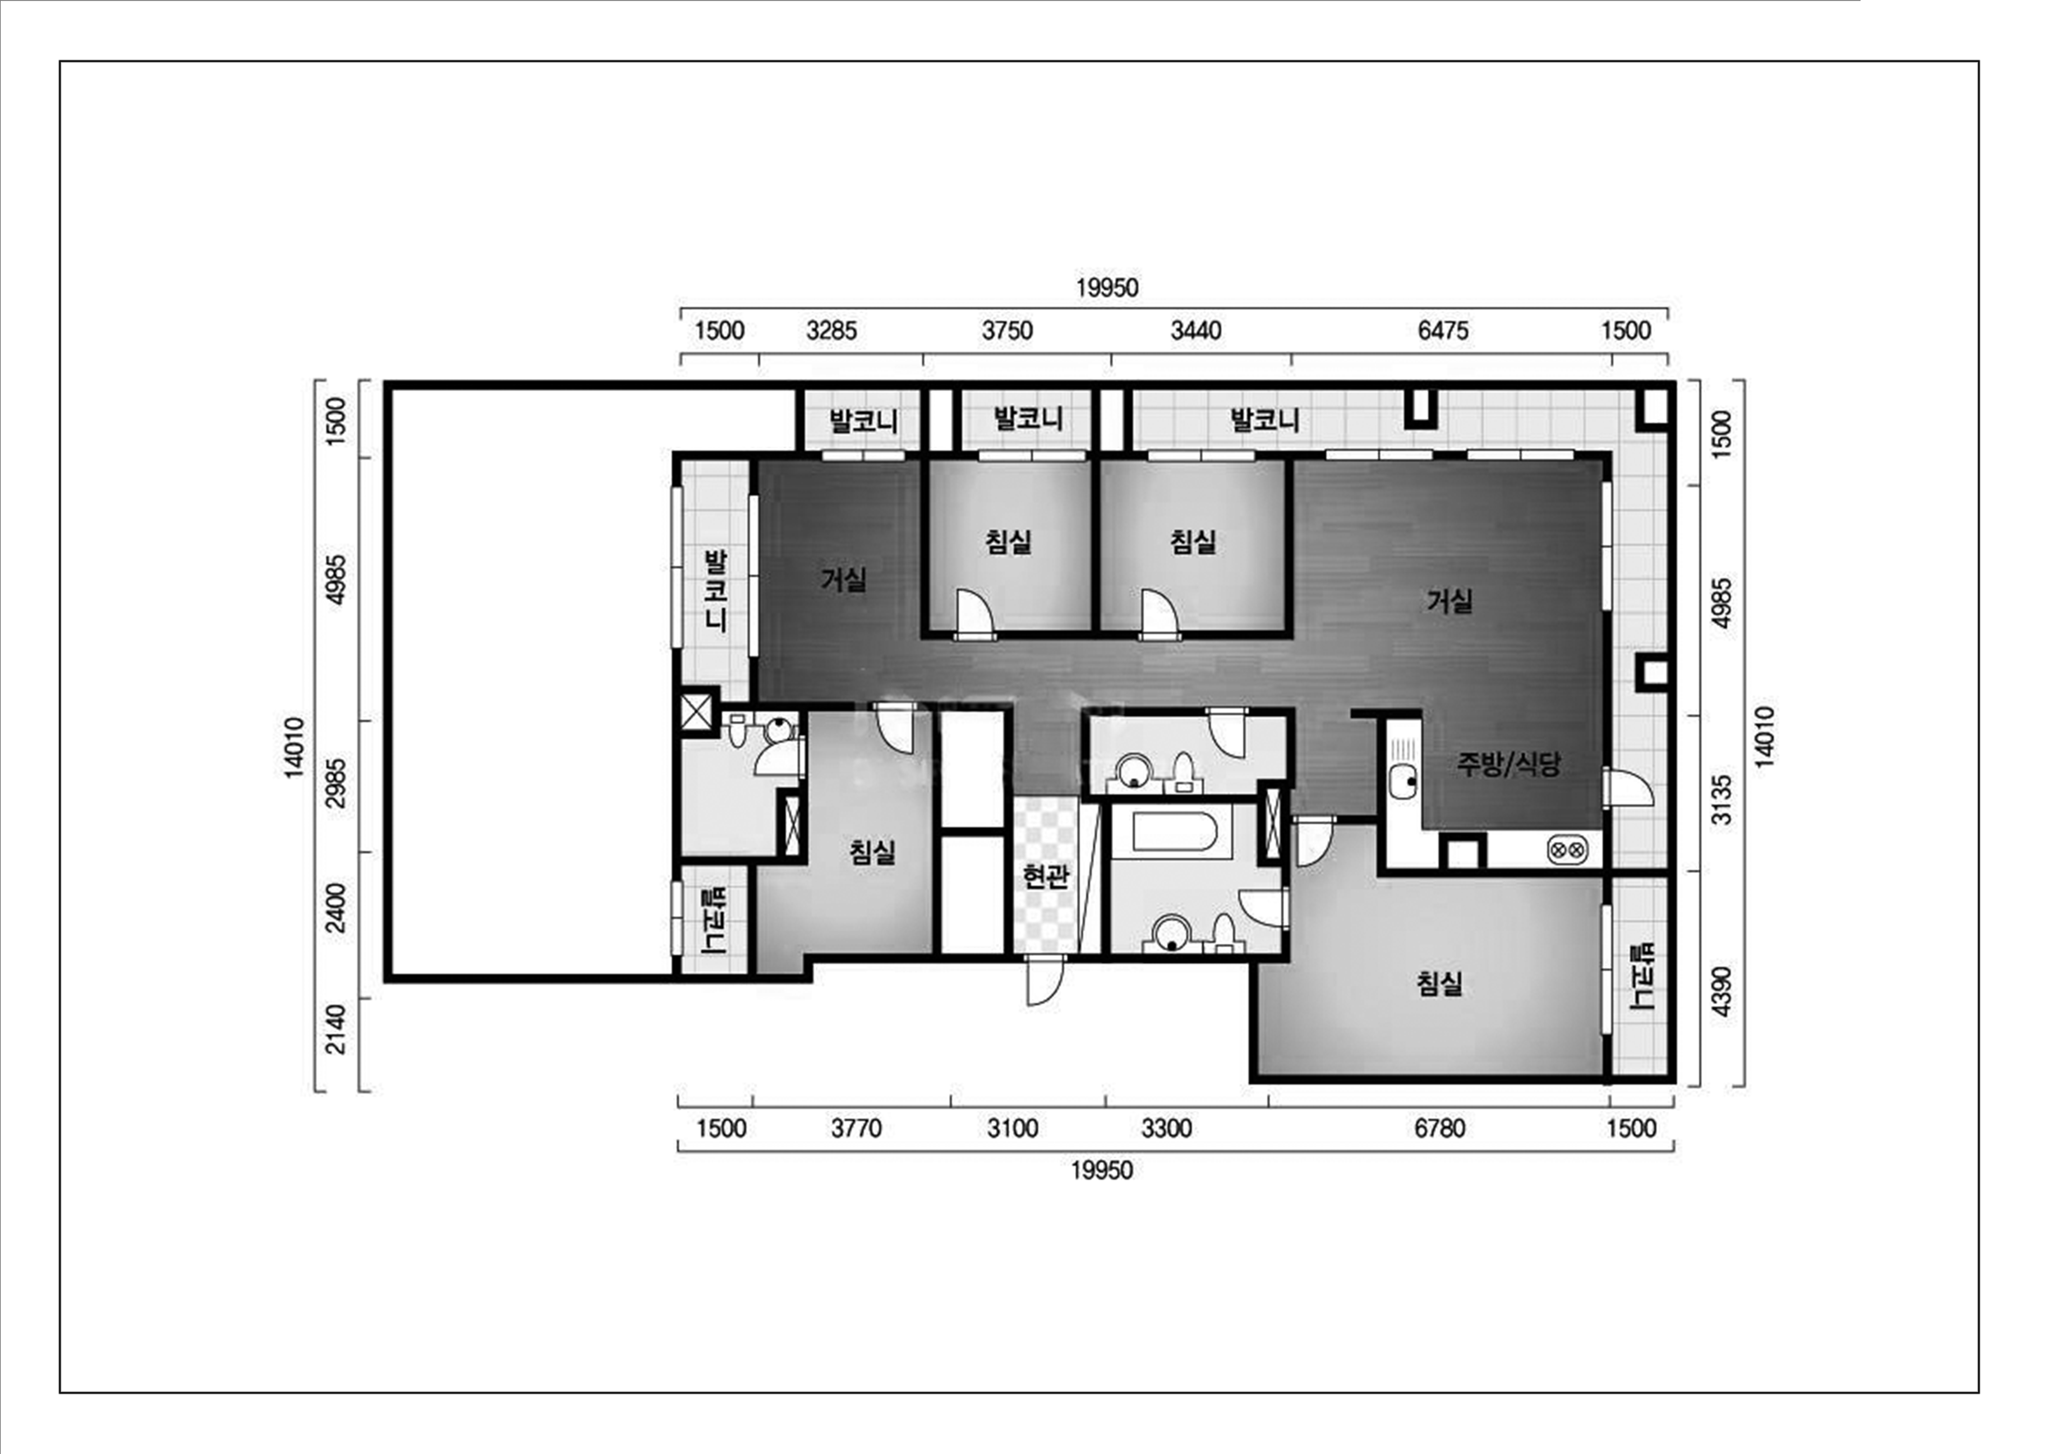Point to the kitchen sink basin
click(1402, 783)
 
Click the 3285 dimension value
click(831, 331)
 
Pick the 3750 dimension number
click(1007, 331)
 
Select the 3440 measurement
click(1196, 331)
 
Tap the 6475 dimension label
click(1443, 331)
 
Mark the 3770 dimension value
click(856, 1128)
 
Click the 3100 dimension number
click(1013, 1128)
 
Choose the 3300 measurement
click(1166, 1128)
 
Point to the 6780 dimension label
click(1440, 1128)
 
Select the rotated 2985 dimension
click(335, 783)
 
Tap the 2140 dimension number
click(335, 1029)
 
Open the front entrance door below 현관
click(1044, 980)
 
